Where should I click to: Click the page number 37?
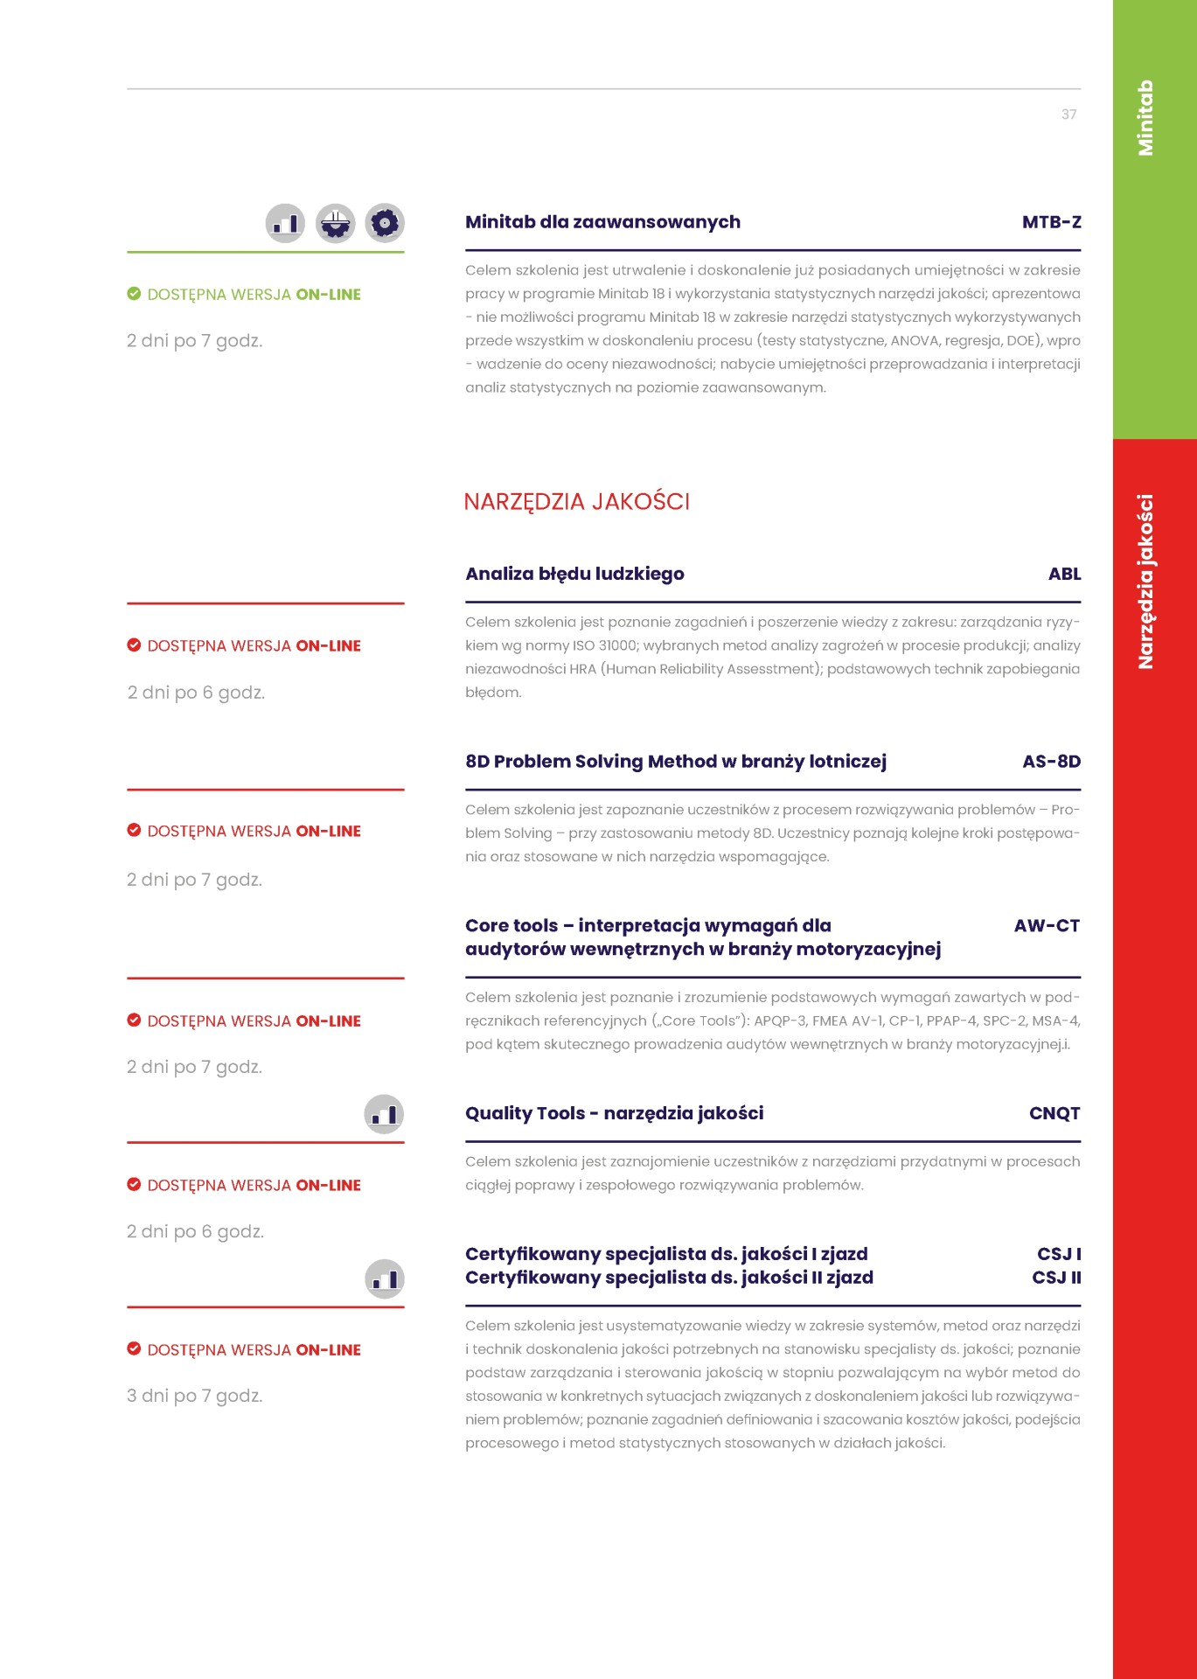(1068, 115)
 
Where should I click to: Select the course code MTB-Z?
(1051, 222)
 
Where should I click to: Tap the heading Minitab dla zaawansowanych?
(602, 222)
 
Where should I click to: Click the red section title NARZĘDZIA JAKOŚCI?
(576, 502)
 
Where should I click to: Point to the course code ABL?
(1064, 574)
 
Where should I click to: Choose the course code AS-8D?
(1051, 762)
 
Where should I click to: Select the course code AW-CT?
(1047, 925)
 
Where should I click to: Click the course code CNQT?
(1054, 1113)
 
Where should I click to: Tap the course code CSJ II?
(1056, 1278)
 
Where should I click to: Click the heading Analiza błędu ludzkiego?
(574, 574)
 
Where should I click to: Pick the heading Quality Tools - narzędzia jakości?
(614, 1113)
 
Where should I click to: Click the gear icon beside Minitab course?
(385, 223)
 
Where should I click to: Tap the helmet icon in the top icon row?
(335, 223)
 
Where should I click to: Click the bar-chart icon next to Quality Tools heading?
(384, 1114)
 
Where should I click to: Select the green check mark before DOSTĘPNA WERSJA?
(134, 294)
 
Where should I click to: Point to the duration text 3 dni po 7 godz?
(194, 1396)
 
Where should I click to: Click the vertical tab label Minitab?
(1145, 118)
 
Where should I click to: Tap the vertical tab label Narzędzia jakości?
(1145, 582)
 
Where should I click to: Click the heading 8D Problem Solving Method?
(675, 762)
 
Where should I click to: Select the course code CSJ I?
(1059, 1254)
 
